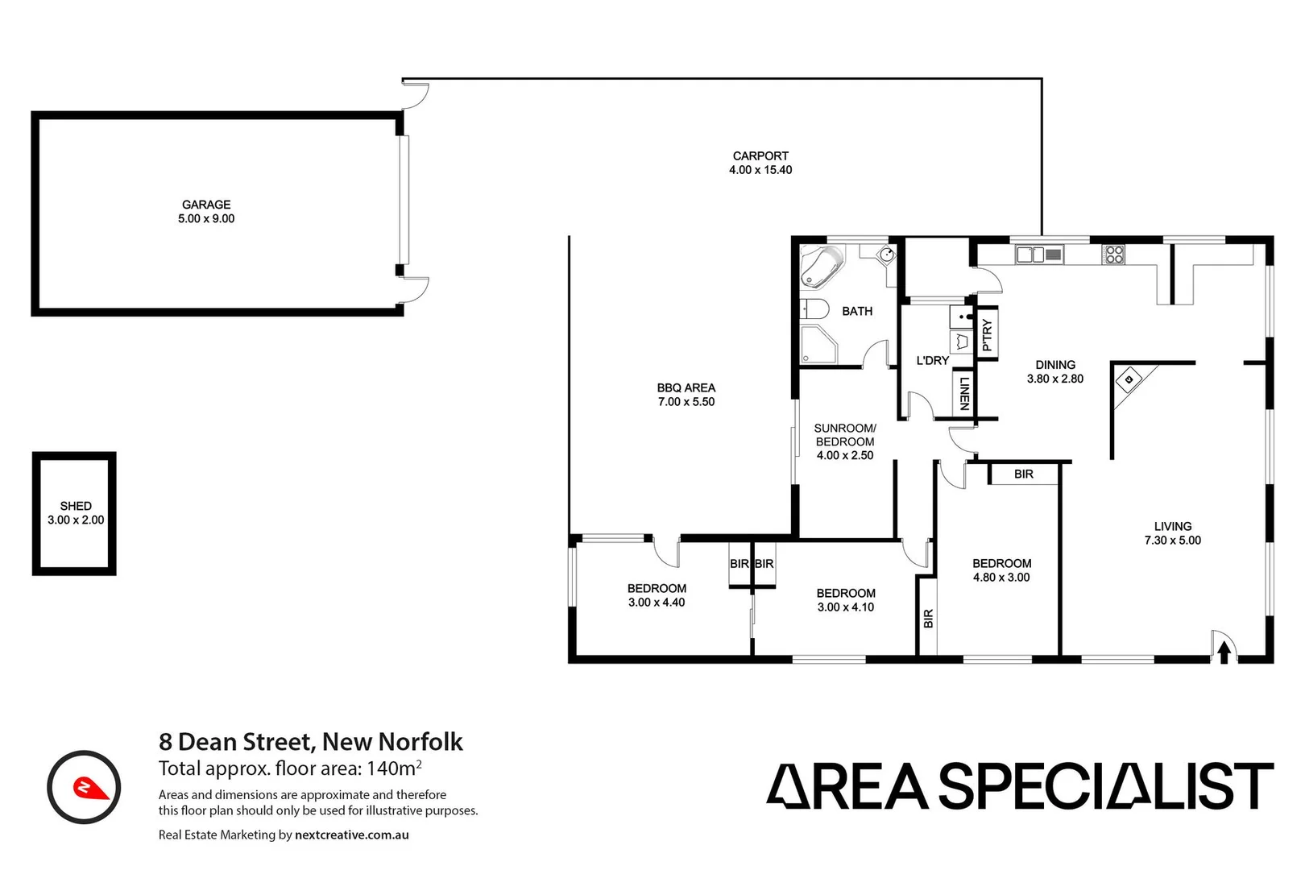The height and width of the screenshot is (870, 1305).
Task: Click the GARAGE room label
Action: (x=206, y=205)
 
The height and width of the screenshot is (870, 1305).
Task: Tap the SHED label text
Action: (x=76, y=506)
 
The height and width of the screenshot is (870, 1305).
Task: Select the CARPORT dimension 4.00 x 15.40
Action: (x=760, y=170)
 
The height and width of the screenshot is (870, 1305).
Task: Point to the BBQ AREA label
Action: (x=686, y=387)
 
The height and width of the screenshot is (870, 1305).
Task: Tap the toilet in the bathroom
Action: (x=815, y=309)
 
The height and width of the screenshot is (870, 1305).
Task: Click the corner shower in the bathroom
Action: (x=818, y=346)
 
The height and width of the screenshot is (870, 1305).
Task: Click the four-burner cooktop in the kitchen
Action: (x=1114, y=255)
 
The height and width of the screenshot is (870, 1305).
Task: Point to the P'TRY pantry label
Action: (x=987, y=334)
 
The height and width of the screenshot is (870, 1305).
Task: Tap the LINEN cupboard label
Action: (x=964, y=393)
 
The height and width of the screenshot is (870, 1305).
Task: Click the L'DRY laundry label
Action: (x=933, y=360)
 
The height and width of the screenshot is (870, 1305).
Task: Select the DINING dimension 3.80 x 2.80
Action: (x=1055, y=379)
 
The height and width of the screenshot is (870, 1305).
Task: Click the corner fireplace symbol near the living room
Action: (x=1129, y=379)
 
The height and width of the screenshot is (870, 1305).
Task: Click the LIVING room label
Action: (x=1173, y=526)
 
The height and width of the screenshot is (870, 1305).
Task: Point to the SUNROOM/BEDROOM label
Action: (x=845, y=435)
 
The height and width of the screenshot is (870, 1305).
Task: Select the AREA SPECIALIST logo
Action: (x=1019, y=786)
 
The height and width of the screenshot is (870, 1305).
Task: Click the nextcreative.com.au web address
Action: (x=352, y=835)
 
